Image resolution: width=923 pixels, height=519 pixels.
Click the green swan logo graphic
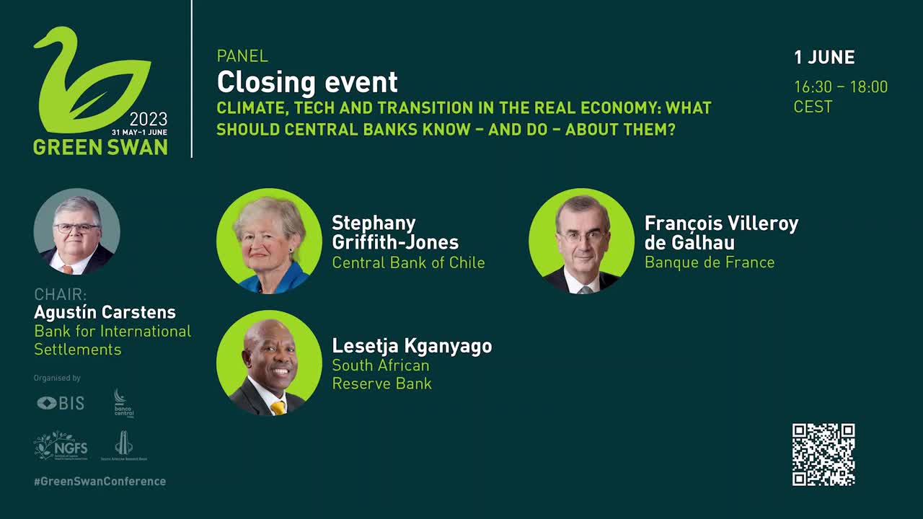pos(90,79)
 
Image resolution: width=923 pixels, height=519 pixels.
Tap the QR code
pos(823,454)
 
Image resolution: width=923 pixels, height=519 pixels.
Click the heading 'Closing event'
pos(307,82)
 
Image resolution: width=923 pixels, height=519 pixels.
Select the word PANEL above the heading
pos(242,56)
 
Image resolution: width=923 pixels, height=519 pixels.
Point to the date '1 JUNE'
pos(824,58)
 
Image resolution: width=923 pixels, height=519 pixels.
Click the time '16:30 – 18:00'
pos(841,87)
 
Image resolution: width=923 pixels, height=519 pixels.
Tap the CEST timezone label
pos(813,107)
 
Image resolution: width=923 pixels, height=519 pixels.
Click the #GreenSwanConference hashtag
pos(100,481)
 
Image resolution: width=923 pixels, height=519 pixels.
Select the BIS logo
pos(61,403)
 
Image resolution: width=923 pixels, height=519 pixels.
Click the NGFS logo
pos(61,445)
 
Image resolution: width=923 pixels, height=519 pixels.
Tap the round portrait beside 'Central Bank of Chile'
pos(269,241)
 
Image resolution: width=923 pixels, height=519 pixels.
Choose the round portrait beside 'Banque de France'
pos(581,241)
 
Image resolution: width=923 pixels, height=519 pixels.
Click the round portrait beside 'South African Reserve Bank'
pos(269,363)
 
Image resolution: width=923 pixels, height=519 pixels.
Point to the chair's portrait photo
pos(76,231)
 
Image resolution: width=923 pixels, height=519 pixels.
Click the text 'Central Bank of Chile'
pos(408,262)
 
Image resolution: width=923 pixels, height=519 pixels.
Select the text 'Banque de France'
pos(710,262)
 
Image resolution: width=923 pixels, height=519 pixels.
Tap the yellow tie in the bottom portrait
pos(278,407)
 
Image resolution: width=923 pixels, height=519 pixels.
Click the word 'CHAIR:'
pos(61,294)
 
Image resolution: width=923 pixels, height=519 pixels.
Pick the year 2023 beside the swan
pos(149,120)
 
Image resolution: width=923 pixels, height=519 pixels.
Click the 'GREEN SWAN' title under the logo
pos(100,146)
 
